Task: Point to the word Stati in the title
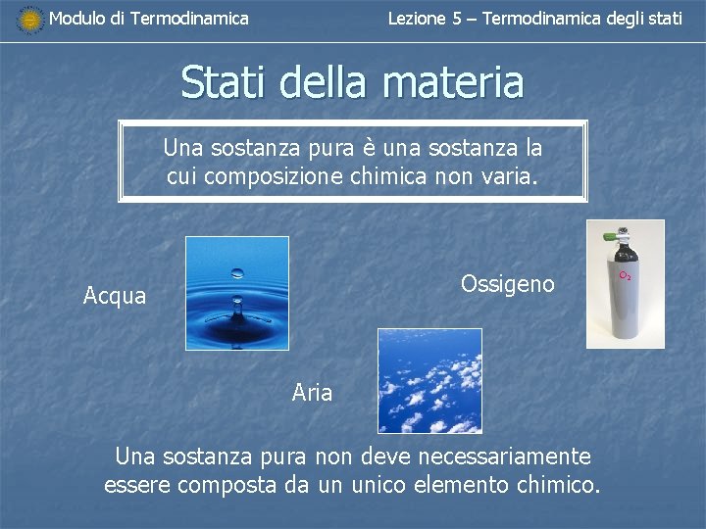coord(224,82)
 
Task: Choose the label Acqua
coord(115,296)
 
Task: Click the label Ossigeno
coord(507,284)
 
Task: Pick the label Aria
coord(312,394)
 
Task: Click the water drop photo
coord(237,293)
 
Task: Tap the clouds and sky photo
coord(429,380)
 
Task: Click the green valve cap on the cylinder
coord(610,236)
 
